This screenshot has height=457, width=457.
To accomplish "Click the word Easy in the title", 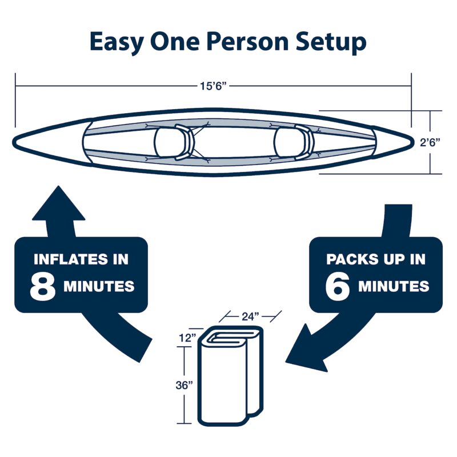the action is [117, 42].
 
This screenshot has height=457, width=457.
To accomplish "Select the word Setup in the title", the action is [331, 42].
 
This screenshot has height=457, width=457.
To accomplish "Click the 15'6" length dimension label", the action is [213, 86].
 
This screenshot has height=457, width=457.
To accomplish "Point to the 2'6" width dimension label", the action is [430, 142].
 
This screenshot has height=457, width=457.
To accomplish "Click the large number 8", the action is [42, 287].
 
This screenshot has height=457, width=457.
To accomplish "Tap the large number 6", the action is [338, 287].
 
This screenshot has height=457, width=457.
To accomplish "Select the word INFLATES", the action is [71, 259].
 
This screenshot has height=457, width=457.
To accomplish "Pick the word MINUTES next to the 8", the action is [99, 286].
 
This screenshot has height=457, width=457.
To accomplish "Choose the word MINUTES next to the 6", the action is [394, 286].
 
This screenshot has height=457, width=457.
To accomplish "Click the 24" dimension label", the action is [250, 316].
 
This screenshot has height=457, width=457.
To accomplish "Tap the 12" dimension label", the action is [187, 338].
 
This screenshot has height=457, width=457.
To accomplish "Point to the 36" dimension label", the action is [184, 385].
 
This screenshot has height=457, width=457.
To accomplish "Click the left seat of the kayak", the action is [174, 142].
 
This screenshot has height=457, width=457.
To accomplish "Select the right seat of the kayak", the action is [294, 142].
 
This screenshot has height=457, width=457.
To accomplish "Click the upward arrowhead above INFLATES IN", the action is [59, 203].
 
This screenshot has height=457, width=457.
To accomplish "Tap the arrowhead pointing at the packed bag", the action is [304, 350].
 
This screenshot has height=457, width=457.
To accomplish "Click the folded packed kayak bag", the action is [230, 376].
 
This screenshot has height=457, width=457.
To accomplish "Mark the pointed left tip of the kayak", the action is [13, 142].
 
